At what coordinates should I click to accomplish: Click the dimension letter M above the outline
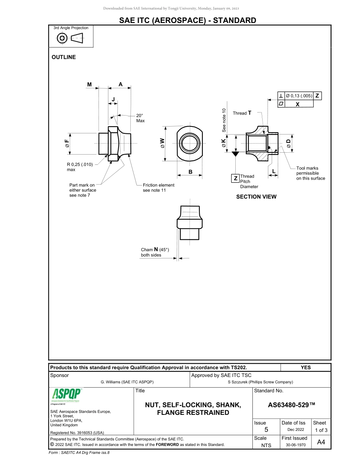coord(89,85)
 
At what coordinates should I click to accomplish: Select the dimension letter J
coord(113,99)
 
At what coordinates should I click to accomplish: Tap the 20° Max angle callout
coord(140,118)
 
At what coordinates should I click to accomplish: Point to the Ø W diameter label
coord(163,143)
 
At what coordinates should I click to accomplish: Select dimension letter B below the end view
coord(190,172)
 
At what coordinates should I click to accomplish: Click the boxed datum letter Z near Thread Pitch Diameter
coord(235,178)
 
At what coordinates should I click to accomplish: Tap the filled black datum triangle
coord(235,154)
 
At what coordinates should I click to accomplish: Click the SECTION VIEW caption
coord(256,197)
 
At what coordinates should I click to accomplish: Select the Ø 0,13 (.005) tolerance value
coord(299,96)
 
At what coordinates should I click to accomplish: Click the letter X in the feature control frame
coord(297,104)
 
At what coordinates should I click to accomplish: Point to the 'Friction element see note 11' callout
coord(158,188)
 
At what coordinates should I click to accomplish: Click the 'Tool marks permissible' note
coord(310,173)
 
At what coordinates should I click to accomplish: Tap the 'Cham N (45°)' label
coord(155,252)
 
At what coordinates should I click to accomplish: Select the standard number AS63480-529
coord(291,405)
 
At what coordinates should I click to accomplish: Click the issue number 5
coord(266,430)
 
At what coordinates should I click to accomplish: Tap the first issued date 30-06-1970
coord(295,445)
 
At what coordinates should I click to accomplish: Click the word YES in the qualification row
coord(305,367)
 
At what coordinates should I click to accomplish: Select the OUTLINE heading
coord(64,57)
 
